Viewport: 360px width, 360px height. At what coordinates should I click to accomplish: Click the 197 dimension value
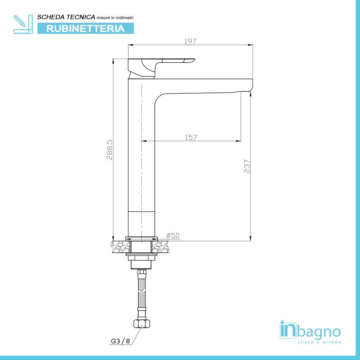point(190,41)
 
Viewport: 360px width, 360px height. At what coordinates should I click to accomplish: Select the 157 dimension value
point(191,137)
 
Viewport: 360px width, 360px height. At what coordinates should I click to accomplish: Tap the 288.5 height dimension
point(110,150)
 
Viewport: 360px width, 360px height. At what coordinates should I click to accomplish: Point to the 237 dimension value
point(247,166)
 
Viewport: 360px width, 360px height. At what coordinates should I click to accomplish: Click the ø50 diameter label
point(173,235)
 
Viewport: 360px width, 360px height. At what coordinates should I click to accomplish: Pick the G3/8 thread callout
point(120,341)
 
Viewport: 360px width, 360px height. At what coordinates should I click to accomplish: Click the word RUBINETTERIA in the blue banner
point(86,28)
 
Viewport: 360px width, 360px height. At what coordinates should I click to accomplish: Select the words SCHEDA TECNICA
point(66,17)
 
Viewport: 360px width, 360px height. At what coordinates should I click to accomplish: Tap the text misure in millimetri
point(116,18)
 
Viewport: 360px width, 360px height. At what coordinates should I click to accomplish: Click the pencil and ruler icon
point(23,24)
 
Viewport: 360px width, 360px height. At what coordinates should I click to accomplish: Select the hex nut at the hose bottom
point(141,323)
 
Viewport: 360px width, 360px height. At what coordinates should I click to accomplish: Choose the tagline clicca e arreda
point(319,342)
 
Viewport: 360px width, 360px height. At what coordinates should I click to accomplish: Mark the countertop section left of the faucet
point(120,247)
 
